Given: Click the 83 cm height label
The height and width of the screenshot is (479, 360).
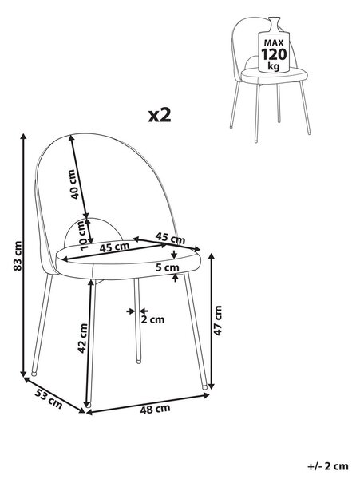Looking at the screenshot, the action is coord(18,256).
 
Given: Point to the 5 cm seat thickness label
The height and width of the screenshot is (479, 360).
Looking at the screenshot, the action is coord(167,267).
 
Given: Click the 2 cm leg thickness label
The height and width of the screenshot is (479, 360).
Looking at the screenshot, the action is coord(152,320).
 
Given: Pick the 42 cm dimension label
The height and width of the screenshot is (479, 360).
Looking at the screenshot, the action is coord(82,338).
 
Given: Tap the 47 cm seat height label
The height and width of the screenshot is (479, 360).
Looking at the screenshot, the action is coord(218,320).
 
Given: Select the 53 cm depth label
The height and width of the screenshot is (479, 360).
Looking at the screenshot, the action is coord(49,398).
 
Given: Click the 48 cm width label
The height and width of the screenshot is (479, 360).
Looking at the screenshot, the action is coord(155,409).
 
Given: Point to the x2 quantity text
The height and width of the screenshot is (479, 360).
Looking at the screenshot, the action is coord(160,115).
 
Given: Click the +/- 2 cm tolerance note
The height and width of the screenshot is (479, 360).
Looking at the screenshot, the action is coord(327,466).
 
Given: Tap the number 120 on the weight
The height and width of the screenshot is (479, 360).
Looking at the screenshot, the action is coord(274,54).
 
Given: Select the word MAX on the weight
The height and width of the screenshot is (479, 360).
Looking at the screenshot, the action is coord(274,42).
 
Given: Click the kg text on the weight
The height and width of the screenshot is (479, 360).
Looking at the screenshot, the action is coord(273,65).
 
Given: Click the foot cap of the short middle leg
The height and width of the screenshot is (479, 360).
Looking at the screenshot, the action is coord(139,361).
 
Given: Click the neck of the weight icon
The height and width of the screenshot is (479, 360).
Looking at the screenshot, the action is coord(274,24).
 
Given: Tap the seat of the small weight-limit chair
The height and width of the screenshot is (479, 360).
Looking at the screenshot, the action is coord(275,76).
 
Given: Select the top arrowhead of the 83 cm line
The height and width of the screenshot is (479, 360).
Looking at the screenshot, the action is coord(23,137).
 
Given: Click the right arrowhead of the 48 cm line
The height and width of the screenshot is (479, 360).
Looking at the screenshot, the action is coord(206,395).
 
